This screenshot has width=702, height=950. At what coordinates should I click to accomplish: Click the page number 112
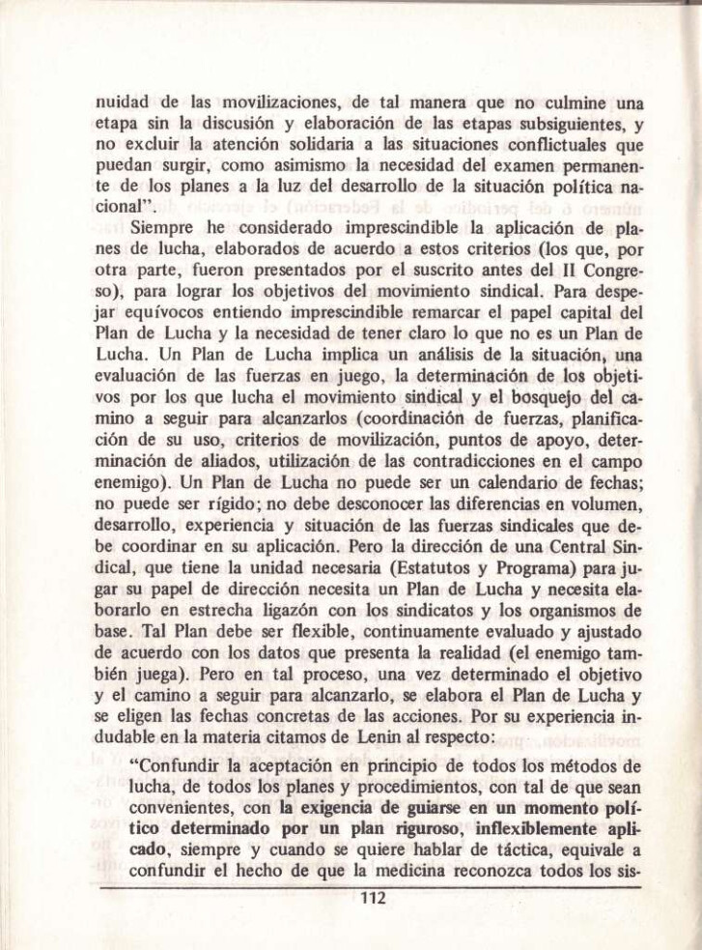372,898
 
